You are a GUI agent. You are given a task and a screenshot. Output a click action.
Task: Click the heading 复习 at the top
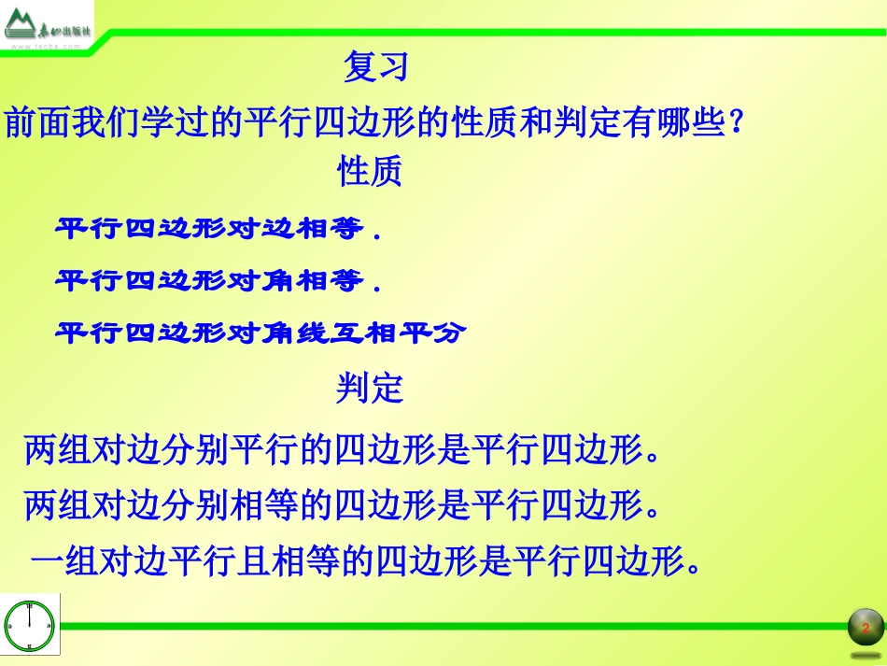click(x=376, y=67)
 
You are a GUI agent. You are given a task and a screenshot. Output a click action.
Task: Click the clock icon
click(x=30, y=625)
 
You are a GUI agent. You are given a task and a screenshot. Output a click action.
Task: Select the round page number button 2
click(x=866, y=627)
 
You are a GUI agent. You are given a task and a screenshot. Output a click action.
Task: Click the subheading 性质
click(x=369, y=172)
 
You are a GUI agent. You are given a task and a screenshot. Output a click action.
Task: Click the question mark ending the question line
click(x=734, y=122)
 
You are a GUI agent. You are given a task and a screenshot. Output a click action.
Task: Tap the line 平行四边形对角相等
click(x=219, y=280)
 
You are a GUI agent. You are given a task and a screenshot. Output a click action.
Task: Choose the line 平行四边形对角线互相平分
click(x=260, y=333)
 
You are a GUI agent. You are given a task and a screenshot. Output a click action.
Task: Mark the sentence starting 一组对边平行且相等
click(x=365, y=562)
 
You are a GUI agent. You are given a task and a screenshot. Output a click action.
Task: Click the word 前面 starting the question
click(x=38, y=122)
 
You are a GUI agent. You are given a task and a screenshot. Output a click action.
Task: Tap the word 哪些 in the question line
click(x=691, y=122)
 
